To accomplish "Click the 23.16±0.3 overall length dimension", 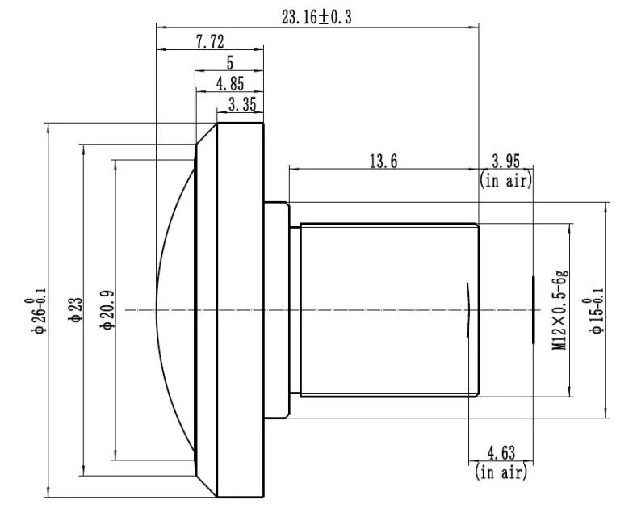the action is [316, 17].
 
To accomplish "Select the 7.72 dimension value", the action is [210, 41].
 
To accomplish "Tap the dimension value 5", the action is [230, 63].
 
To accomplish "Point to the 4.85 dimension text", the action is [230, 84].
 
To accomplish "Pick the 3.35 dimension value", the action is [242, 104].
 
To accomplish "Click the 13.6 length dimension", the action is [383, 162].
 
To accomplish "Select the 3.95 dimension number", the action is [505, 162].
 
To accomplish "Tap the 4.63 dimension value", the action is [501, 453].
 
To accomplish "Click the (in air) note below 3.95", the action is [505, 180].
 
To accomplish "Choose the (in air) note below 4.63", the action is [501, 472].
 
